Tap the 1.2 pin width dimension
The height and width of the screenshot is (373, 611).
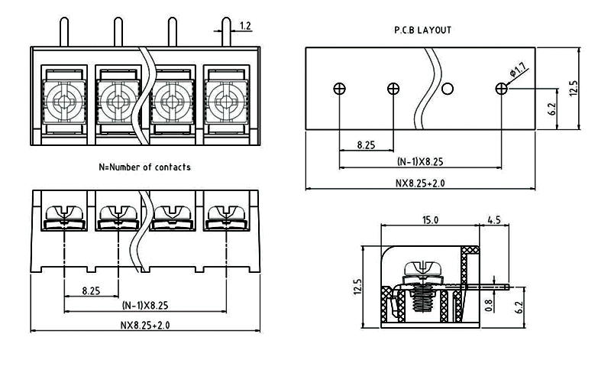pyautogui.click(x=245, y=26)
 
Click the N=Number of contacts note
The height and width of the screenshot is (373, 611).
pyautogui.click(x=145, y=167)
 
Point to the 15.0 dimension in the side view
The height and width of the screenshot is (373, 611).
pyautogui.click(x=430, y=220)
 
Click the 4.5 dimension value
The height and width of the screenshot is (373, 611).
pyautogui.click(x=493, y=220)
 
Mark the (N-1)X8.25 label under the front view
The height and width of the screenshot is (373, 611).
pyautogui.click(x=145, y=306)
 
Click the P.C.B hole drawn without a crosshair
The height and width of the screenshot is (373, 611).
pyautogui.click(x=448, y=89)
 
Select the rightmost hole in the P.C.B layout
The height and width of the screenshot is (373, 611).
pyautogui.click(x=501, y=89)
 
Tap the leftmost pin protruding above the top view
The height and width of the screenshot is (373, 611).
pyautogui.click(x=63, y=32)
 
